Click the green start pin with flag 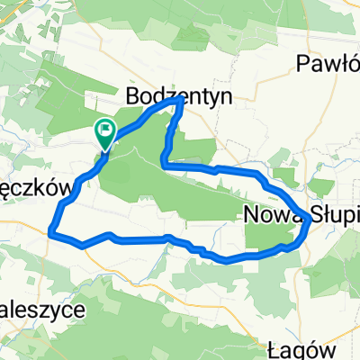tap(104, 133)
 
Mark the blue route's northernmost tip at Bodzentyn tap(184, 101)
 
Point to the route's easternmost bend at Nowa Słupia tap(310, 219)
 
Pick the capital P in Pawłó tap(303, 62)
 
